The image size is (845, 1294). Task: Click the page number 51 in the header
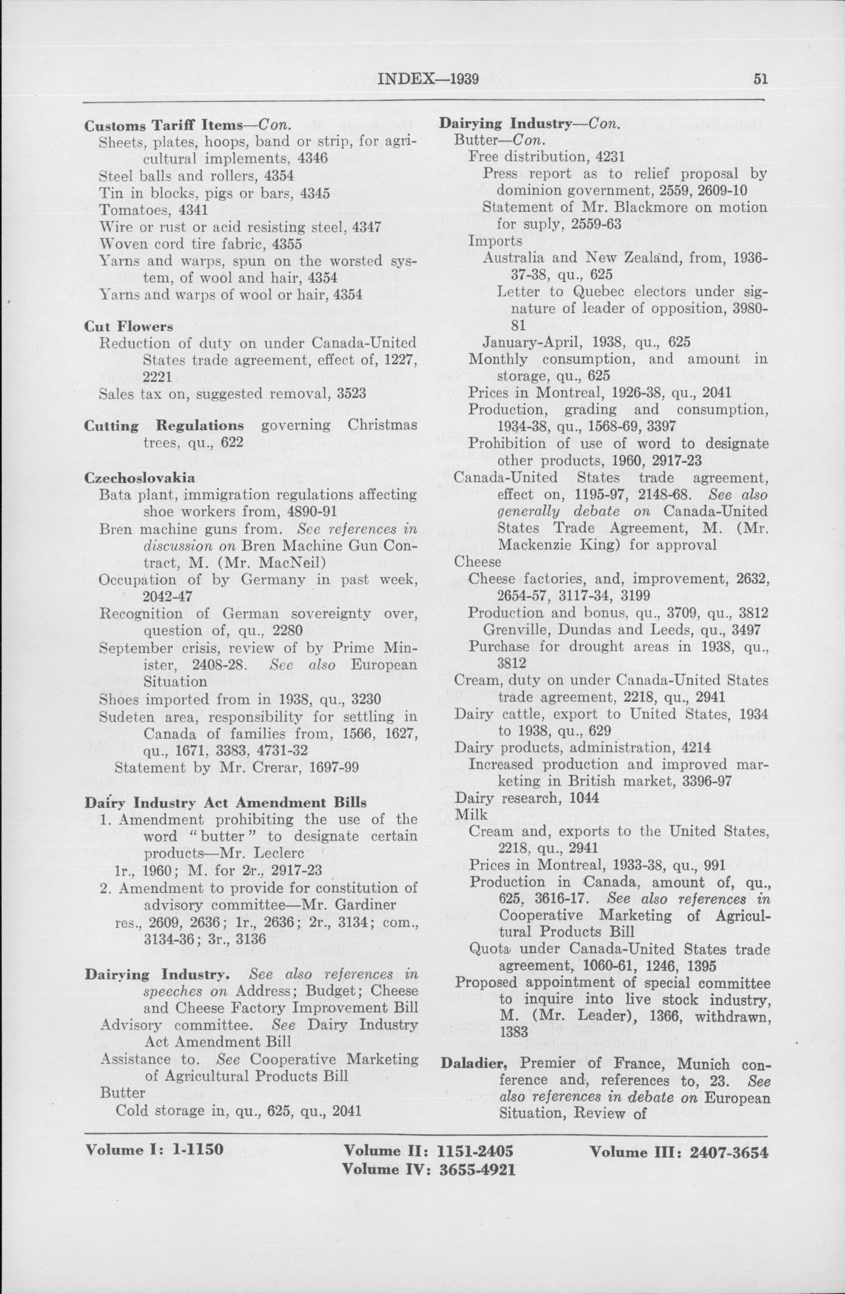[x=760, y=79]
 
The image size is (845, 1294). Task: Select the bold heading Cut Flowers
[x=129, y=326]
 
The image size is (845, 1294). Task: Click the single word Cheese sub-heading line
[x=478, y=562]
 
